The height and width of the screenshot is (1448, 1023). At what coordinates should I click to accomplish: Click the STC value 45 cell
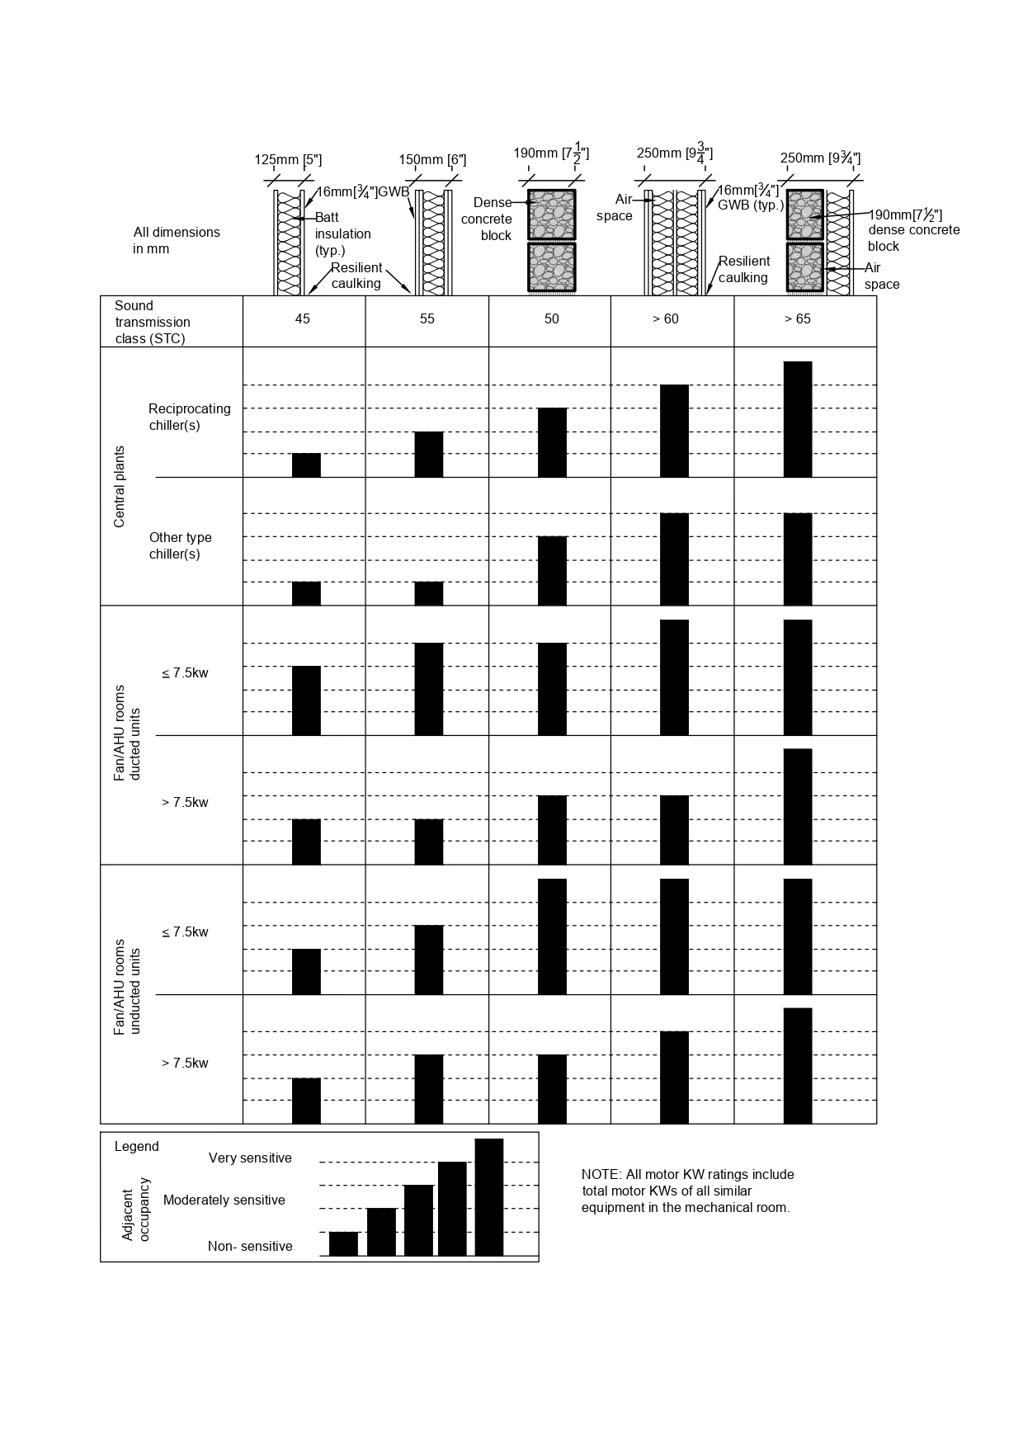point(303,319)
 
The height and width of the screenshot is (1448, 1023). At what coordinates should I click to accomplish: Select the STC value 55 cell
point(427,319)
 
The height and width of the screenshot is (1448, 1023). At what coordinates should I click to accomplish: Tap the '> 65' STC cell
point(797,319)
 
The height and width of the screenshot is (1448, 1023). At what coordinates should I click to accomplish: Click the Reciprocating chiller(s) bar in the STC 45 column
point(306,465)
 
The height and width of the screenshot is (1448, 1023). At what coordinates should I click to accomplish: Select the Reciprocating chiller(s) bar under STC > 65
point(798,419)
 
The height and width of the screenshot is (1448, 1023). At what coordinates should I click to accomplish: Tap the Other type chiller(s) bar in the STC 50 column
point(552,571)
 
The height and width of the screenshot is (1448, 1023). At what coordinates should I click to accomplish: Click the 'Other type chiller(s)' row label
point(180,545)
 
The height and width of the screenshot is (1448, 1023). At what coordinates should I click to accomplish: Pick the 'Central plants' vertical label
point(120,487)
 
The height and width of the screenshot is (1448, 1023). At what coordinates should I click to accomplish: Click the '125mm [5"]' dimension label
point(288,160)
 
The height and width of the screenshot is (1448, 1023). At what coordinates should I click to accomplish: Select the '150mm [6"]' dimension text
point(432,160)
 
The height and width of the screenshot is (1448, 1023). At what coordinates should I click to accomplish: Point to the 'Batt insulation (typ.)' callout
point(342,234)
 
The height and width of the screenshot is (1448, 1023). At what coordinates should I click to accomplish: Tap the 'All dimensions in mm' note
point(177,240)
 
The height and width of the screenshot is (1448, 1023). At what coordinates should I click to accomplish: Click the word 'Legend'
point(137,1147)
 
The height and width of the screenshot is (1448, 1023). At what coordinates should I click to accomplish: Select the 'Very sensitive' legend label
point(250,1158)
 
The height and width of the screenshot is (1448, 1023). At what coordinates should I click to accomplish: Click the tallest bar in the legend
point(488,1197)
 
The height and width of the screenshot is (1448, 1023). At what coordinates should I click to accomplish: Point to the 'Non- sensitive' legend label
point(250,1247)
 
